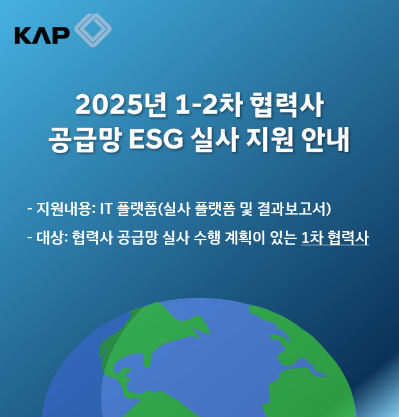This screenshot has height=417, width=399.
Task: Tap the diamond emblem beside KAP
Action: click(x=92, y=30)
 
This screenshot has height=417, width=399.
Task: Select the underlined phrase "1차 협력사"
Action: click(x=334, y=238)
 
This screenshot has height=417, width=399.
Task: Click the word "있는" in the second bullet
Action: click(x=284, y=238)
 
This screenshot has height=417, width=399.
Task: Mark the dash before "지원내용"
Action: click(x=30, y=209)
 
